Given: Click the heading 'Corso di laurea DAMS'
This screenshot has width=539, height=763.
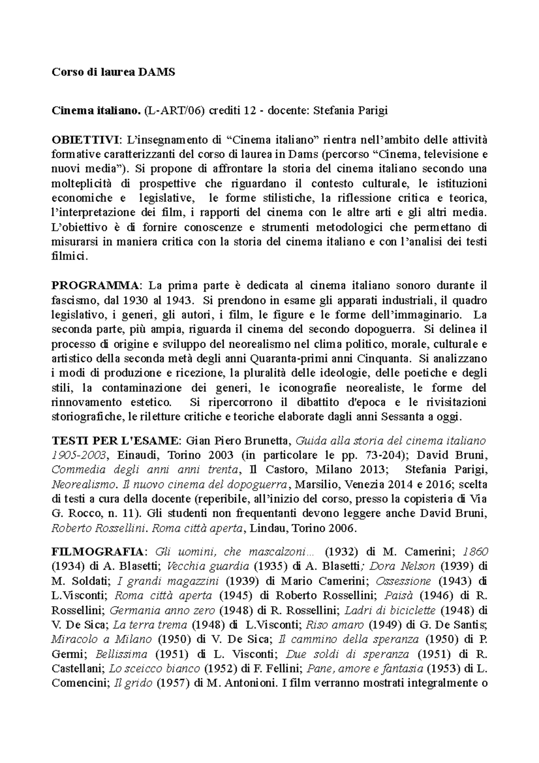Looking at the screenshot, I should coord(113,72).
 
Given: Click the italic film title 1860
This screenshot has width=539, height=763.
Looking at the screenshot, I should coord(475,552).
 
